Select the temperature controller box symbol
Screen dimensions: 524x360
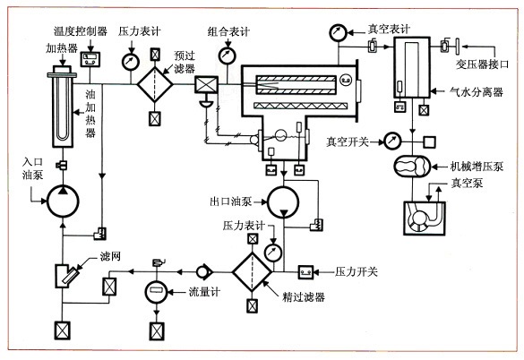click(x=90, y=59)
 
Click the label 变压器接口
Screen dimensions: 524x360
click(x=482, y=64)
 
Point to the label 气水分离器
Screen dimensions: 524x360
click(x=477, y=91)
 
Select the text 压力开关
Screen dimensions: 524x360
click(x=356, y=271)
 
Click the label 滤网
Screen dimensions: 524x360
click(x=110, y=256)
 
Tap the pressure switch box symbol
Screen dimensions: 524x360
click(x=305, y=272)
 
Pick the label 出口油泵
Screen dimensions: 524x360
click(x=231, y=201)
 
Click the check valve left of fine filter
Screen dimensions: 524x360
click(x=204, y=271)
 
